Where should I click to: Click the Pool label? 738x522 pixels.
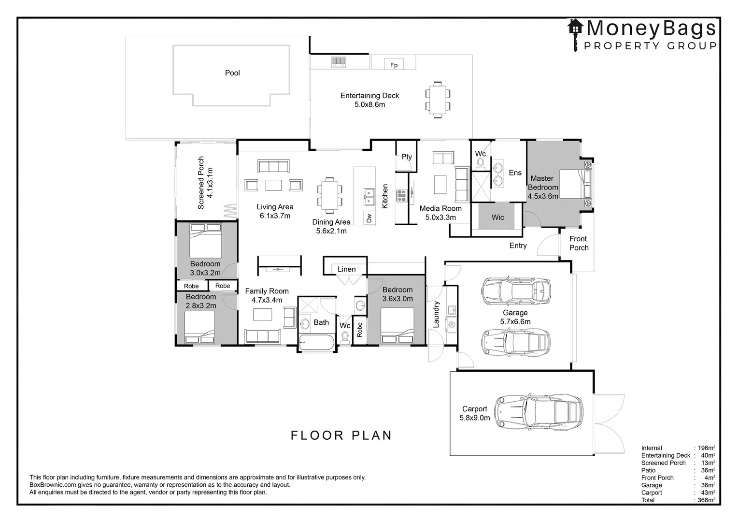pos(232,73)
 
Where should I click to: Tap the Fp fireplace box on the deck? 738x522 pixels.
pos(394,64)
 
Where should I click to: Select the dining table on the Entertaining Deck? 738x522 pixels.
pos(438,100)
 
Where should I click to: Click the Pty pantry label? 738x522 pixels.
pos(407,157)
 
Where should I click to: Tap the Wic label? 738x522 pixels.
pos(497,217)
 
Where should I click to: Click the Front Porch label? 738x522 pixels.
pos(579,243)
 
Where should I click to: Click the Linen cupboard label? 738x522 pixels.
pos(347,269)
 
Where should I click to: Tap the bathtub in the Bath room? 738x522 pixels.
pos(317,342)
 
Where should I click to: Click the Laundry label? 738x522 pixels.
pos(436,314)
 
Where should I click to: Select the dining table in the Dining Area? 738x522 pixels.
pos(330,196)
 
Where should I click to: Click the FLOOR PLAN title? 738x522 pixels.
pos(341,435)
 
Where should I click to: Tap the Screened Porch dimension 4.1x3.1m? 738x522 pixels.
pos(210,183)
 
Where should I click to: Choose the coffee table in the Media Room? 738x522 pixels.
pos(440,185)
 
